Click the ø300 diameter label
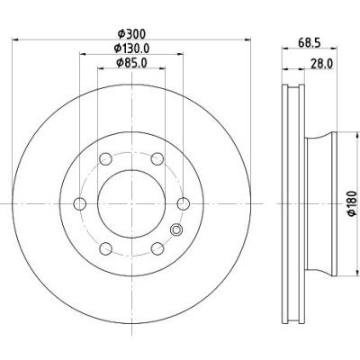click(x=131, y=33)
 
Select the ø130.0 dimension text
click(x=131, y=48)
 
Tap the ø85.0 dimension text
click(x=131, y=63)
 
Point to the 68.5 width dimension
click(x=310, y=42)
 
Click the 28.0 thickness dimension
click(x=321, y=64)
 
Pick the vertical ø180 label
click(x=352, y=203)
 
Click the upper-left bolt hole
click(x=105, y=158)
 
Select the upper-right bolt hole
click(x=157, y=158)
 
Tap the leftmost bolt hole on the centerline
click(x=80, y=204)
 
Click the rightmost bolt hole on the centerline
click(x=184, y=204)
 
